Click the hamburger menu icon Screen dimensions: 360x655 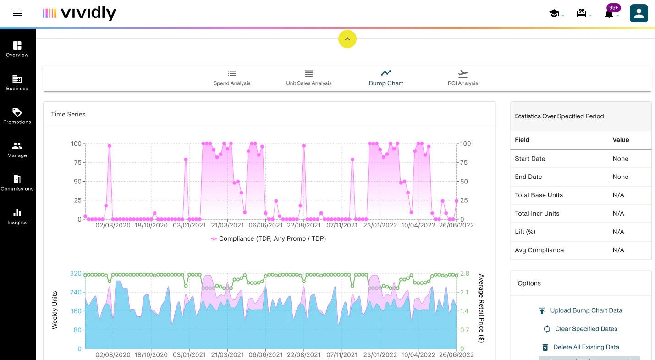click(17, 14)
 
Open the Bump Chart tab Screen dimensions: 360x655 click(386, 78)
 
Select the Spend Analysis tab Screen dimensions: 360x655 click(232, 78)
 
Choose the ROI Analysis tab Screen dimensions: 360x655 click(462, 78)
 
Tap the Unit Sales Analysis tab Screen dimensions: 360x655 click(308, 78)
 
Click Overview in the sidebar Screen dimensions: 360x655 click(17, 49)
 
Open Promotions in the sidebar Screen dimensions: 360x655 click(17, 116)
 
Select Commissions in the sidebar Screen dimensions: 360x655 click(17, 183)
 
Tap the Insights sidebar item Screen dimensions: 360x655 click(17, 216)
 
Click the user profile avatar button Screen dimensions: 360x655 click(638, 13)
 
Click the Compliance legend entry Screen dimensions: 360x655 click(269, 238)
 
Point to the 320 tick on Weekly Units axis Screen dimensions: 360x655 click(76, 273)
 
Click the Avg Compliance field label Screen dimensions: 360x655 click(539, 250)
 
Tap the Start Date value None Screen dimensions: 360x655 click(620, 159)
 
